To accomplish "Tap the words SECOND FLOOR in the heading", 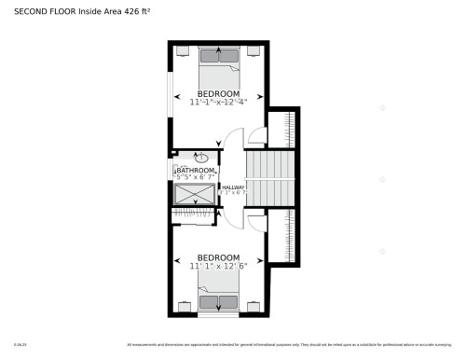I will click(37, 11).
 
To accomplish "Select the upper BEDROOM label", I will click(218, 93).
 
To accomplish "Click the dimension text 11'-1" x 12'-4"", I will click(218, 102).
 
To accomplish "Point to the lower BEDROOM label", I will click(218, 256).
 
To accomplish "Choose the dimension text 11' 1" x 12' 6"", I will click(218, 265).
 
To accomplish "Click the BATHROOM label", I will click(196, 171).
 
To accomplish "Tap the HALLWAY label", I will click(233, 187).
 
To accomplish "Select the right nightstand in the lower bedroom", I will click(254, 305).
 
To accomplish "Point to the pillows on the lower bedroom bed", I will click(218, 302).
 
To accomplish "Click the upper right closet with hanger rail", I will click(282, 130).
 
